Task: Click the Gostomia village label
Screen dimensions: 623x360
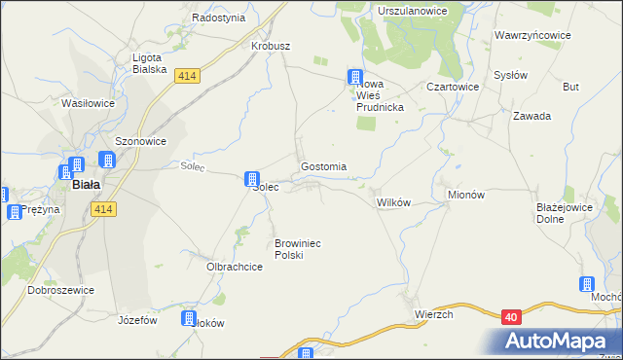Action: [324, 166]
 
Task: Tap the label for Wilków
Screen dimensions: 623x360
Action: [394, 201]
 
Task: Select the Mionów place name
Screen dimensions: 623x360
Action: [465, 195]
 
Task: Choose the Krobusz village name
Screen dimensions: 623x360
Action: [271, 46]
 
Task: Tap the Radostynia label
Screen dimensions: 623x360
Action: [218, 18]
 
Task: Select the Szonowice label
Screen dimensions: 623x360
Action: [141, 141]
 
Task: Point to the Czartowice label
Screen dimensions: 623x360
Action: [450, 86]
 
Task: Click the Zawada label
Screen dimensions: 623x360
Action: [532, 116]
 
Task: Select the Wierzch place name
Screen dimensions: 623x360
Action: [434, 314]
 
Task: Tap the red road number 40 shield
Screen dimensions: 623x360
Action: [512, 316]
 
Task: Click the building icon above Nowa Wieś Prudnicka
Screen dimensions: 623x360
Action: [356, 77]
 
